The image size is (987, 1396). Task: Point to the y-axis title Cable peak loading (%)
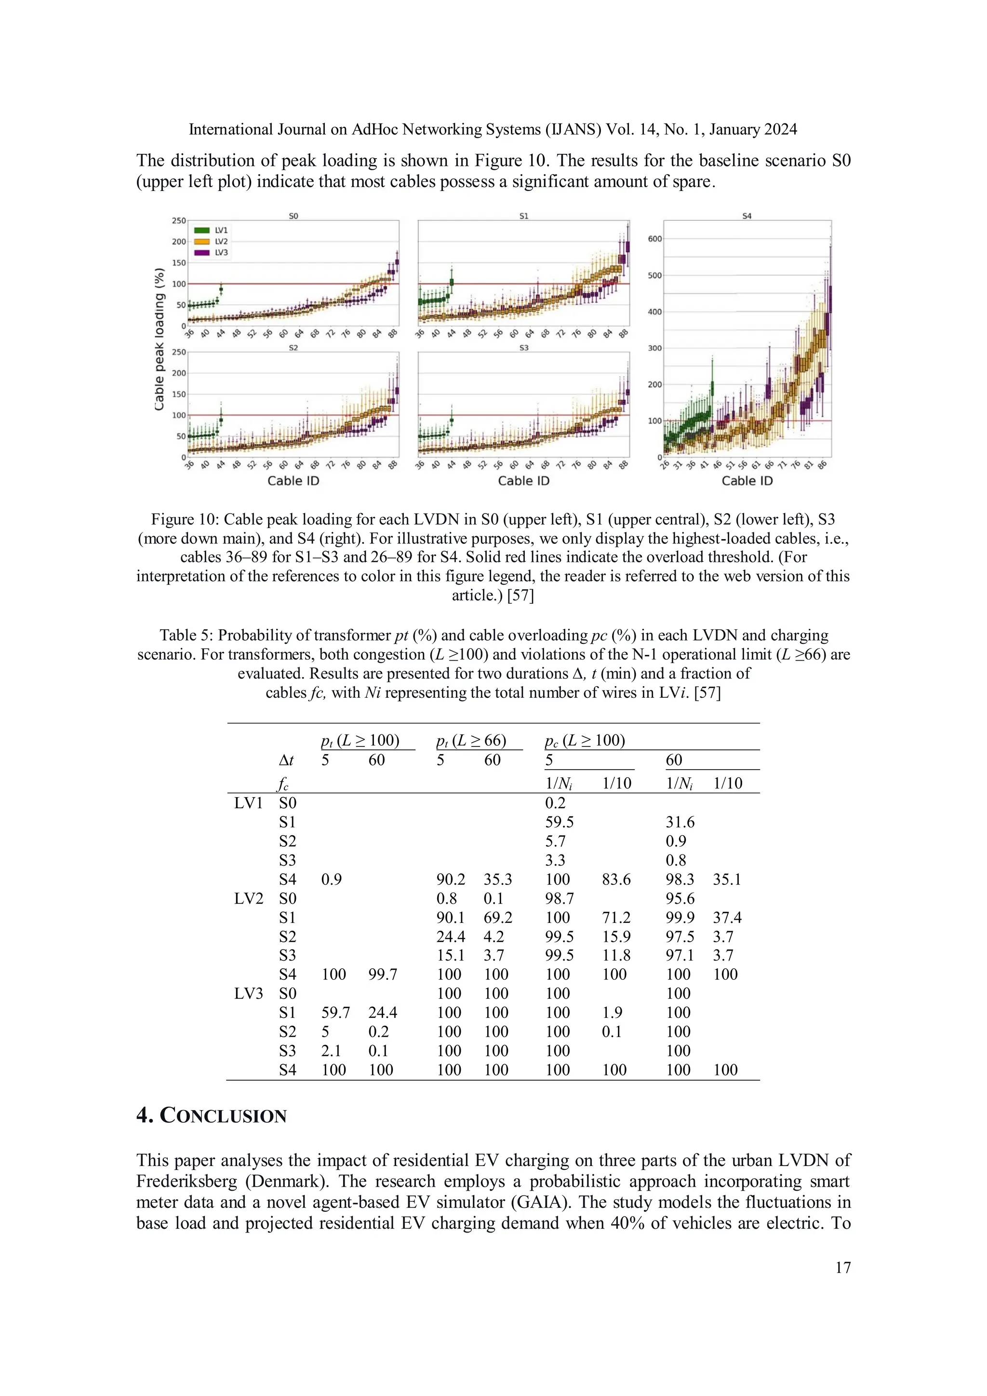[159, 339]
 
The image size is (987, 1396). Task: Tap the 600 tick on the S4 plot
[654, 239]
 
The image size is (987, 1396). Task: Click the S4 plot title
[747, 216]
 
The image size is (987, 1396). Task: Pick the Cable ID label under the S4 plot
[747, 481]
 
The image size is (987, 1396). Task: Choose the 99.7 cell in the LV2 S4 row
[382, 974]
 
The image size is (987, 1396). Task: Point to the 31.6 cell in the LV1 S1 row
[680, 822]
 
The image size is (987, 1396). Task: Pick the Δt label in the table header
[286, 760]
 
